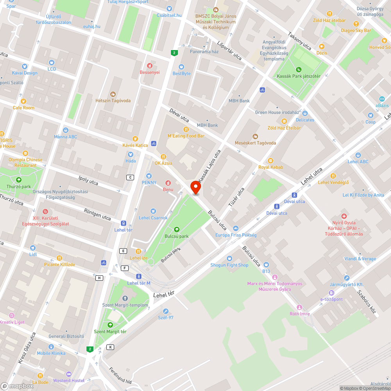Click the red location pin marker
coord(195,188)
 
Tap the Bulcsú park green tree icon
coord(176,229)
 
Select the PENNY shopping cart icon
coord(149,176)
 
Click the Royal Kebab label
coord(271,167)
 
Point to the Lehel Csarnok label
coord(153,218)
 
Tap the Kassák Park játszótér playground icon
coord(299,69)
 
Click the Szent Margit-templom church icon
coord(125,299)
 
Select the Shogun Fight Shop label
coord(229,265)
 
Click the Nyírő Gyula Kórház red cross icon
coord(344,216)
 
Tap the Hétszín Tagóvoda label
coord(113,100)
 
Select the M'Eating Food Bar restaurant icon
coord(186,129)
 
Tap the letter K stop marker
coord(111,347)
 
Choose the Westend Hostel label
coord(69,380)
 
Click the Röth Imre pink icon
coord(300,307)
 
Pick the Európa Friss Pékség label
coord(236,235)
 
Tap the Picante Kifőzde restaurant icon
coord(59,258)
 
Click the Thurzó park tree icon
coord(19,180)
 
